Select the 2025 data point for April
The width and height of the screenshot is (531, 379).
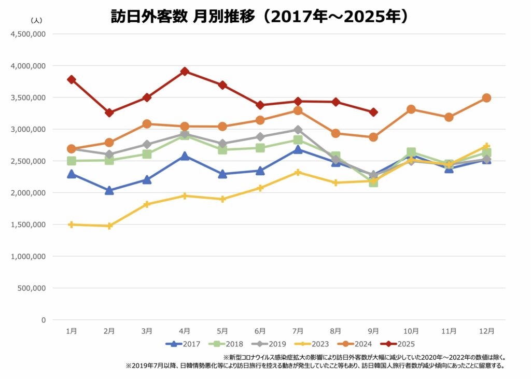pyautogui.click(x=185, y=72)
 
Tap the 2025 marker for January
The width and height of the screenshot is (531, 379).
pyautogui.click(x=72, y=80)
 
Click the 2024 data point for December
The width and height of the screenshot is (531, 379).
pyautogui.click(x=486, y=98)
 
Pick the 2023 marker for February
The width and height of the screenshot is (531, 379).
pyautogui.click(x=109, y=226)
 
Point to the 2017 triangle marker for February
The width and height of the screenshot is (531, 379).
pyautogui.click(x=109, y=190)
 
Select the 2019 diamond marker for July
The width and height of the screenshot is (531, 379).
pyautogui.click(x=298, y=130)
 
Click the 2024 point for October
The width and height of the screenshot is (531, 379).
pyautogui.click(x=411, y=109)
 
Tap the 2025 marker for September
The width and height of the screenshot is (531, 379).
pyautogui.click(x=373, y=112)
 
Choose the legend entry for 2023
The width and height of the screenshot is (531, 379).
pyautogui.click(x=310, y=344)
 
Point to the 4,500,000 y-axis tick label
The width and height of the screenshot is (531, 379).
pyautogui.click(x=28, y=34)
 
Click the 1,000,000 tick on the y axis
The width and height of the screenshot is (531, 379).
pyautogui.click(x=28, y=257)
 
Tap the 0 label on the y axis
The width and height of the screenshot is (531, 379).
pyautogui.click(x=44, y=320)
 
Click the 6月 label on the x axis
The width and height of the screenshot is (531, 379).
pyautogui.click(x=260, y=331)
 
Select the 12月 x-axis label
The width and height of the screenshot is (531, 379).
pyautogui.click(x=486, y=331)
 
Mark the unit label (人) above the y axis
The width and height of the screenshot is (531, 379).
pyautogui.click(x=37, y=21)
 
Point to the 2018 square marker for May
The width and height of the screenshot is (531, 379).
pyautogui.click(x=222, y=149)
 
